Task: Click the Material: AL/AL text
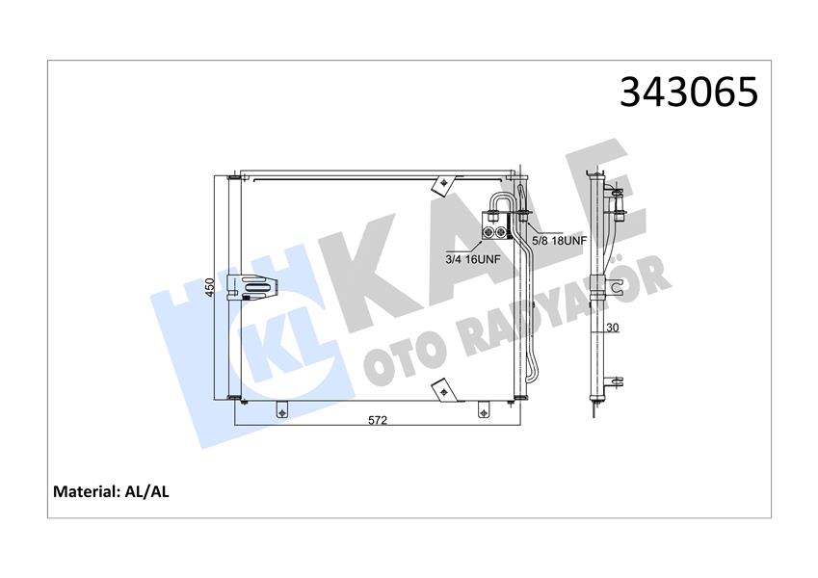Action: tap(111, 491)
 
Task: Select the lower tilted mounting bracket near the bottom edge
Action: tap(444, 388)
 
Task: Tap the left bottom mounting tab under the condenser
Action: tap(281, 409)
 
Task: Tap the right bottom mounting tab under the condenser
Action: tap(484, 409)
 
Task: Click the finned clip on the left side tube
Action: tap(257, 286)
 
